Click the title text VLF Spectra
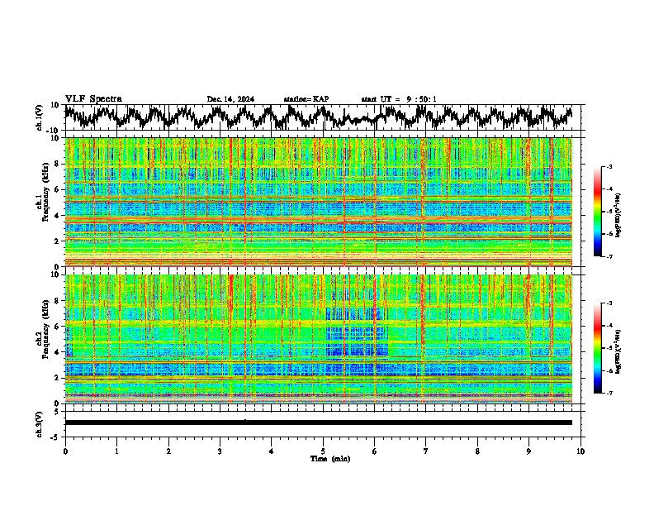point(93,98)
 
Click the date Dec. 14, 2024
point(230,99)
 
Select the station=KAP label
point(306,99)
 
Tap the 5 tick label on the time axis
point(323,451)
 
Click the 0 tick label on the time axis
point(65,451)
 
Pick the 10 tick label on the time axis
point(581,451)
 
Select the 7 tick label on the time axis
point(426,451)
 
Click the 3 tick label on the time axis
point(220,451)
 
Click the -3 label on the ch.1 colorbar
point(609,167)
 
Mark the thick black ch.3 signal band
point(318,422)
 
